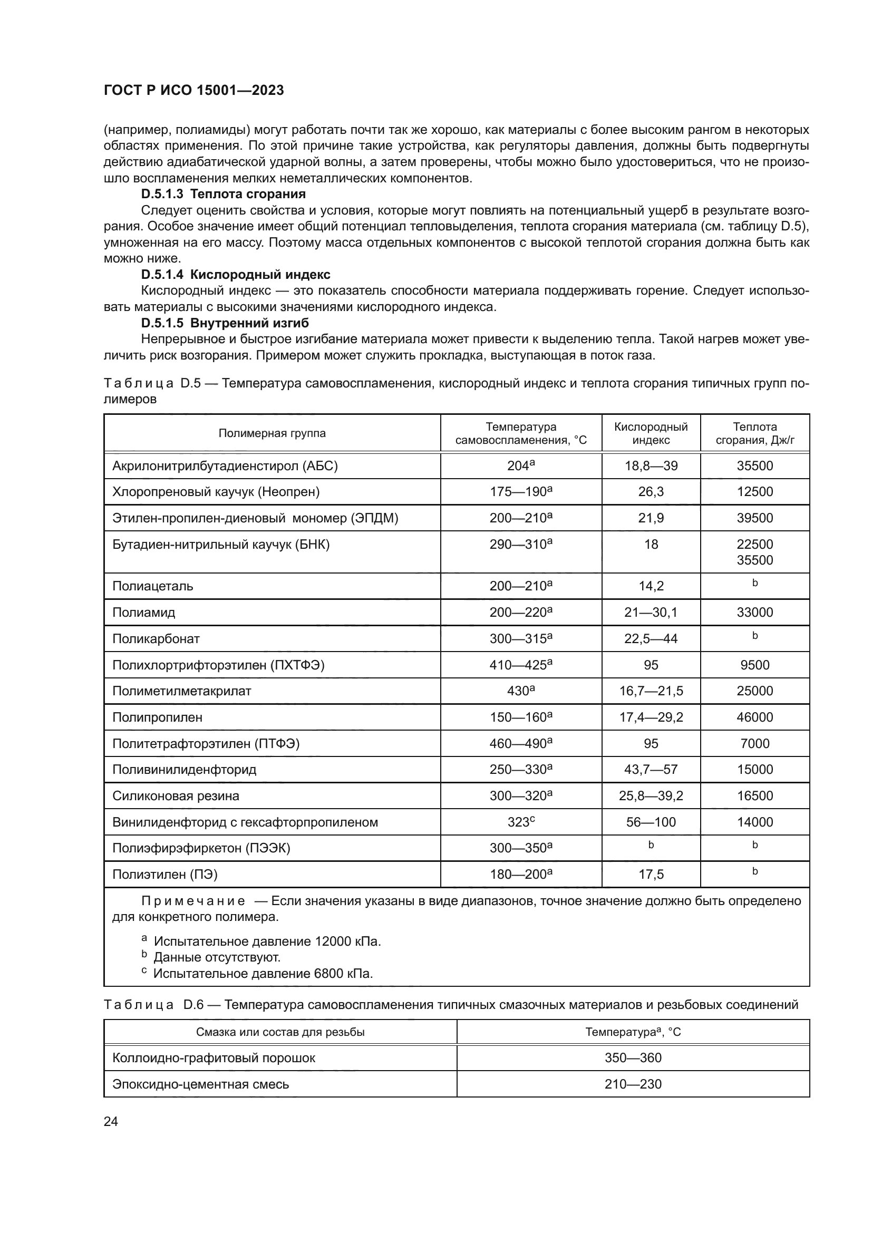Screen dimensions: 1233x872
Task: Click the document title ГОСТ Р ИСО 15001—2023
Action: [x=193, y=91]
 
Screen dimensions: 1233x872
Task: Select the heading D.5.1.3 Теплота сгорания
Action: [x=224, y=194]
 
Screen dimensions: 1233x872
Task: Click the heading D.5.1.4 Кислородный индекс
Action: [x=236, y=275]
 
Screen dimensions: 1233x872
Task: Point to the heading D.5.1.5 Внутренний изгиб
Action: [x=225, y=323]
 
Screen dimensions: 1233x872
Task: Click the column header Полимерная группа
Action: [x=272, y=433]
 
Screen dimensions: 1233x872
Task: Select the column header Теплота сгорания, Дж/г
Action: [x=754, y=433]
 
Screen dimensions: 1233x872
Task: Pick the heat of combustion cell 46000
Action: [x=754, y=717]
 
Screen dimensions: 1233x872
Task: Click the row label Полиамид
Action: [x=144, y=613]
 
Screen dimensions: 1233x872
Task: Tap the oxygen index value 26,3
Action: [x=651, y=492]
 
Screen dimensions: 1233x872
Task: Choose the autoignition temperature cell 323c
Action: [x=521, y=822]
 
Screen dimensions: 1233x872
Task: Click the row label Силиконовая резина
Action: [x=176, y=796]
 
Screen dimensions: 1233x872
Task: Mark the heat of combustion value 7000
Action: [x=754, y=744]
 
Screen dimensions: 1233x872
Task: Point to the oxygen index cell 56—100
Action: [x=651, y=822]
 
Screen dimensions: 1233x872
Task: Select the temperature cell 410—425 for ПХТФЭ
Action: [x=521, y=665]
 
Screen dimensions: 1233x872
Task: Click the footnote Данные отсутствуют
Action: [x=217, y=957]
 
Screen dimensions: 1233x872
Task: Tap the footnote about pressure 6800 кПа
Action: [x=263, y=973]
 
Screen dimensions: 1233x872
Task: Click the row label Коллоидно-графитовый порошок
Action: [x=214, y=1058]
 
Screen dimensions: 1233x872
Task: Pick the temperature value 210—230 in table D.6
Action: [x=633, y=1084]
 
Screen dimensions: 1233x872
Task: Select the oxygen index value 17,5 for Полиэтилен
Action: [x=651, y=875]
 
